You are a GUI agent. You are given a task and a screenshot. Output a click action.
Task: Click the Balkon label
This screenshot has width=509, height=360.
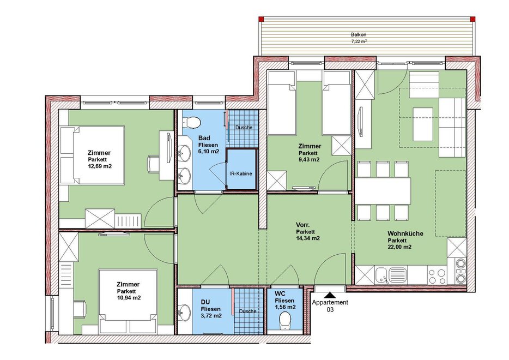[359, 34]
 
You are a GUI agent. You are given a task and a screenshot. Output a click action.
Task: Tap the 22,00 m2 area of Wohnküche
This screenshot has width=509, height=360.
[399, 247]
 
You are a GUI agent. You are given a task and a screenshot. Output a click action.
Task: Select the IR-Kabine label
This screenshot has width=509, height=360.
[240, 173]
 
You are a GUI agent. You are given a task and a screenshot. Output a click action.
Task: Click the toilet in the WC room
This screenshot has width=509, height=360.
[286, 320]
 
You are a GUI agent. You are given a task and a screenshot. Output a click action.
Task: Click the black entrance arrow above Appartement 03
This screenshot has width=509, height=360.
[330, 295]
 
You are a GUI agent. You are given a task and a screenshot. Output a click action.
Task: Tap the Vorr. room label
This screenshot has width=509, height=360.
[302, 225]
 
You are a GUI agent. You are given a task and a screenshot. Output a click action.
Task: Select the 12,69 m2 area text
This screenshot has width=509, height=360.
[100, 166]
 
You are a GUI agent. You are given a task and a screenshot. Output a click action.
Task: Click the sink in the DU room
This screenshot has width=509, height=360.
[184, 311]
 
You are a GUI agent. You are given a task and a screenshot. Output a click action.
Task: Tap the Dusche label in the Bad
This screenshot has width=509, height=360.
[244, 128]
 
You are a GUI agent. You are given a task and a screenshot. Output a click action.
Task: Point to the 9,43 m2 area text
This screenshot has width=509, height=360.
[309, 159]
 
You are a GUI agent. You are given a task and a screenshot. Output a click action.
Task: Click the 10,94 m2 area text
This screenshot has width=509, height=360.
[129, 298]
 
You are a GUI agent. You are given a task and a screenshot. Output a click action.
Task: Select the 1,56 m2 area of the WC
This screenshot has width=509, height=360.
[286, 307]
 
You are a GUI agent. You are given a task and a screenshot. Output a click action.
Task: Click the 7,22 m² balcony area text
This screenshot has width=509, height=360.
[359, 41]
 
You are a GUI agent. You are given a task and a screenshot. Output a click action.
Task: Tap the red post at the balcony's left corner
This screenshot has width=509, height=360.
[261, 19]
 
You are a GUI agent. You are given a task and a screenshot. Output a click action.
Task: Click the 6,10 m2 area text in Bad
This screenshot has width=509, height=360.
[209, 152]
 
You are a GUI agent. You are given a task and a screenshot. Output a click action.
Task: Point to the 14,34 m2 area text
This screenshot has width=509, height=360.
[308, 238]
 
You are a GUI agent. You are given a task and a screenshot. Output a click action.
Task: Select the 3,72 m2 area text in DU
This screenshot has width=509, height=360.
[211, 315]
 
